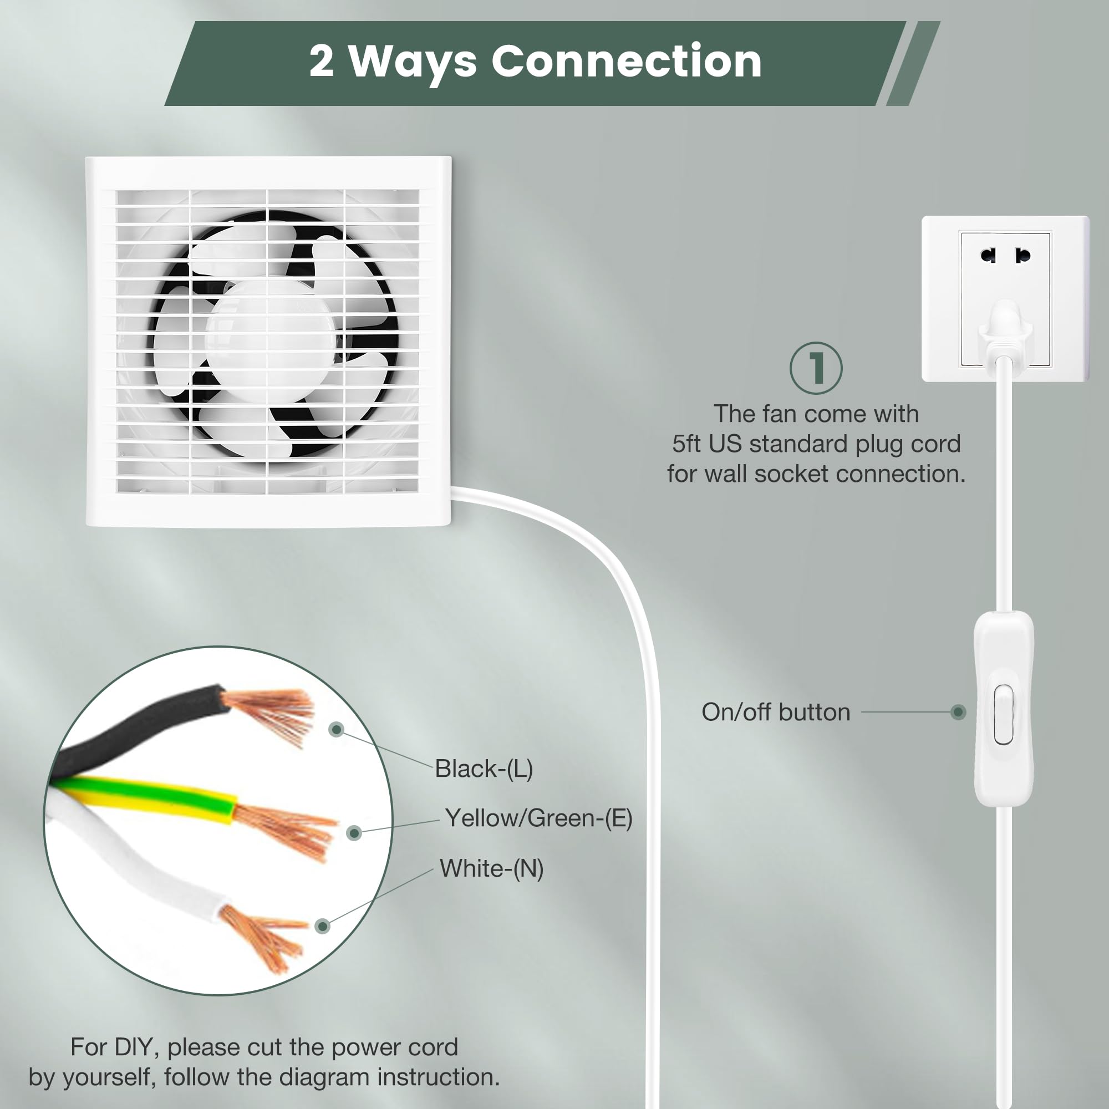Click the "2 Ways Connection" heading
click(535, 62)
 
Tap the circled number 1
click(816, 368)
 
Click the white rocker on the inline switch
click(1004, 714)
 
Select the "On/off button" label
click(776, 713)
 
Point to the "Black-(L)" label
click(484, 769)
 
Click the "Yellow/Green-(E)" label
click(538, 818)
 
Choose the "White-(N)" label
click(491, 868)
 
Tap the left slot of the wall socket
click(988, 256)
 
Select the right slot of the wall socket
click(1022, 256)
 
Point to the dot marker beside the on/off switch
click(958, 713)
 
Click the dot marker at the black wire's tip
click(337, 730)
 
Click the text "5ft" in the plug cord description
click(686, 444)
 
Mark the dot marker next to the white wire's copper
click(323, 926)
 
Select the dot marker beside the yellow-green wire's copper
click(354, 833)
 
